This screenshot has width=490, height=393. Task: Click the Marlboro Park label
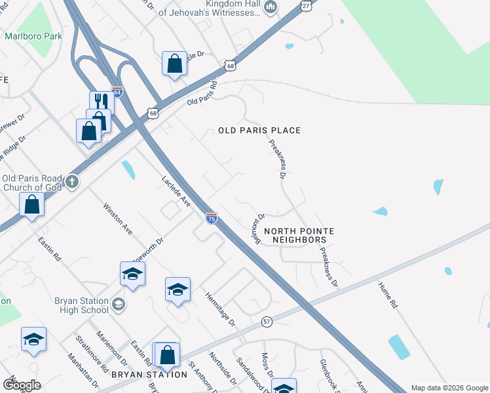(x=33, y=36)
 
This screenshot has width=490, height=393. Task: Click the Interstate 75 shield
(x=211, y=219)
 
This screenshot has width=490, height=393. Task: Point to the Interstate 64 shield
(x=117, y=92)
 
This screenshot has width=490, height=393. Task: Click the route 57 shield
(x=267, y=322)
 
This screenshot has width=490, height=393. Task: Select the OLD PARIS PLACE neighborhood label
(x=259, y=130)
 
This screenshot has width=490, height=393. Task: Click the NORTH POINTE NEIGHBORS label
(x=299, y=236)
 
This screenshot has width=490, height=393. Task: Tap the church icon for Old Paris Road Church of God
(x=72, y=181)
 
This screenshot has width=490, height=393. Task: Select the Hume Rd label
(x=388, y=295)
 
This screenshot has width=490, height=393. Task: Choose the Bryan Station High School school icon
(x=119, y=303)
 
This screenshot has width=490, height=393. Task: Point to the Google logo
(x=21, y=384)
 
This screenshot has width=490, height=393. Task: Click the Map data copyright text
(x=449, y=388)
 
